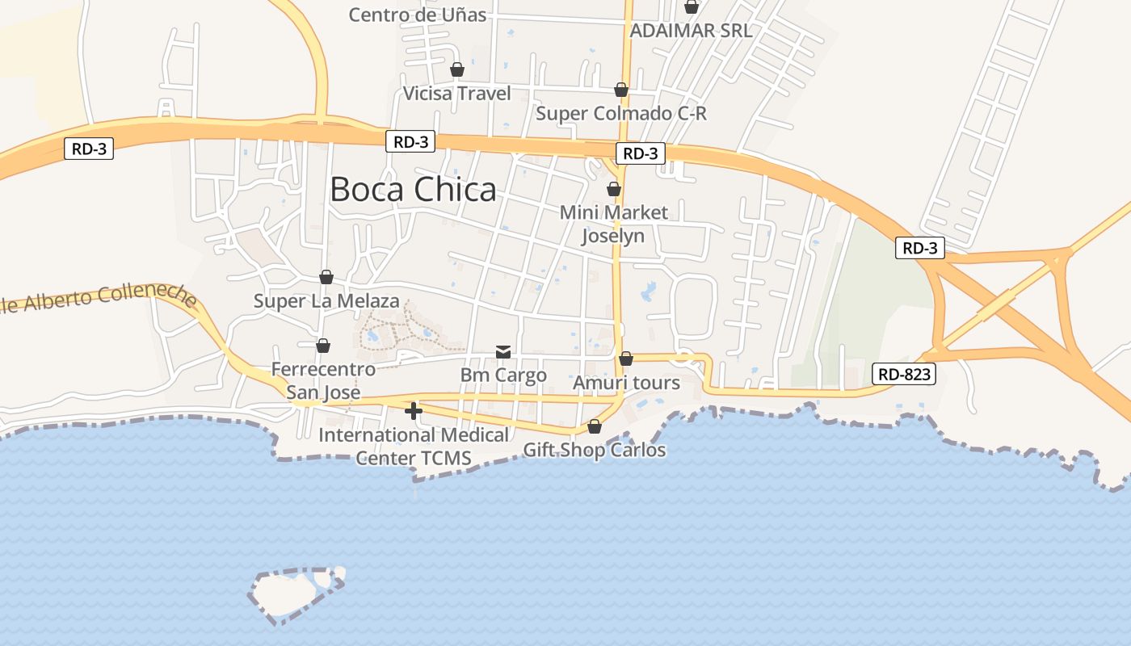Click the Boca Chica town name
(413, 190)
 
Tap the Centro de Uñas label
(418, 15)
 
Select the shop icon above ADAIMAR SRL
(692, 6)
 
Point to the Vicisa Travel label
(457, 94)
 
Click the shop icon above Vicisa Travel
(457, 69)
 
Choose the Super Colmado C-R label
(621, 114)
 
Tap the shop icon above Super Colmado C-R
(621, 90)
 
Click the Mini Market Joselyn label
(614, 224)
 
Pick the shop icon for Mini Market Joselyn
(614, 189)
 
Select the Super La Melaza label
(326, 301)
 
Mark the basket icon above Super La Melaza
(326, 277)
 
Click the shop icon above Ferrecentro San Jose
(323, 346)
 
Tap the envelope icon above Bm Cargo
(503, 351)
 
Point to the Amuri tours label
(626, 383)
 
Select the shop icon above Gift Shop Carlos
(595, 426)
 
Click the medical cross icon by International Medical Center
(414, 411)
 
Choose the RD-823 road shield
(904, 374)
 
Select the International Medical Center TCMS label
(414, 447)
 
